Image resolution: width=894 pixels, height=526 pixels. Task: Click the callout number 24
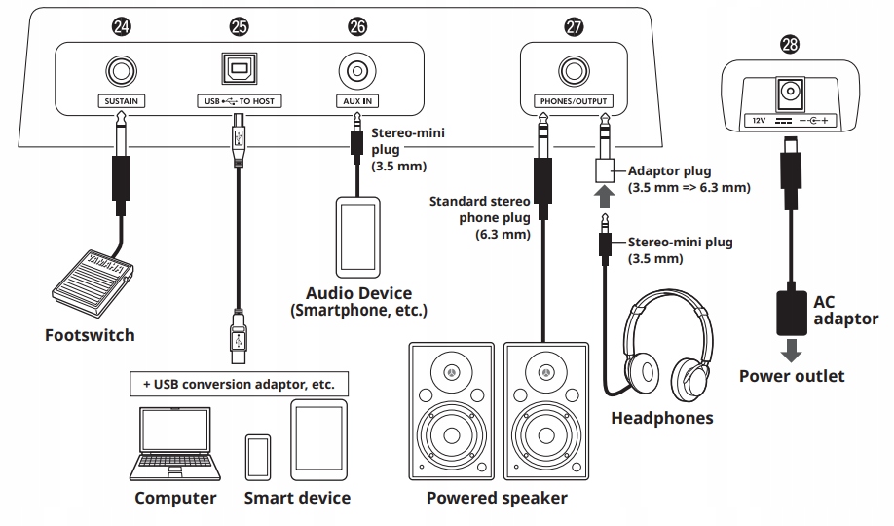(122, 28)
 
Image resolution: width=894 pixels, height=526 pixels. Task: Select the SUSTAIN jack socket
(122, 70)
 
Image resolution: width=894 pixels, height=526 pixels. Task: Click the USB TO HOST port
(239, 69)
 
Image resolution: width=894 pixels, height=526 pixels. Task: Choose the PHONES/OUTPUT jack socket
(572, 70)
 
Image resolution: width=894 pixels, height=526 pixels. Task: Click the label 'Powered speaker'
(497, 499)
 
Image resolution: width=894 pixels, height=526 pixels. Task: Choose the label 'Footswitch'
(90, 335)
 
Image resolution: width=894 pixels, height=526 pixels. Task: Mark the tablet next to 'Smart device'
(317, 443)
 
